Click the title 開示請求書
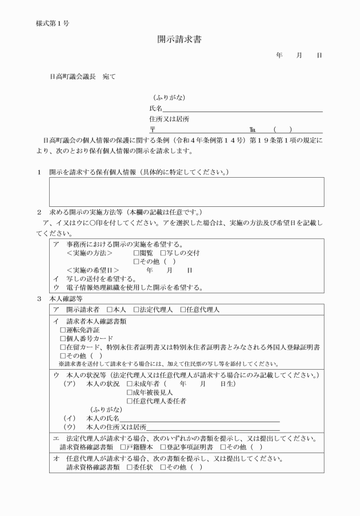pyautogui.click(x=179, y=39)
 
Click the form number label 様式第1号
pyautogui.click(x=53, y=23)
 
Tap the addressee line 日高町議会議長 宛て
pyautogui.click(x=82, y=76)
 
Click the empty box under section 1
pyautogui.click(x=186, y=191)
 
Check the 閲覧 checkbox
pyautogui.click(x=137, y=253)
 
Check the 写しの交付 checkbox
pyautogui.click(x=163, y=253)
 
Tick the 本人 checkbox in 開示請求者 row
pyautogui.click(x=110, y=309)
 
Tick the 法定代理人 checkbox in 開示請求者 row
pyautogui.click(x=137, y=309)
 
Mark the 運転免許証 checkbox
pyautogui.click(x=63, y=330)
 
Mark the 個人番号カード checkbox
pyautogui.click(x=63, y=338)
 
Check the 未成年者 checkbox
pyautogui.click(x=130, y=383)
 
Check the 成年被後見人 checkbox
pyautogui.click(x=130, y=393)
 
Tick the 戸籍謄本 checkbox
pyautogui.click(x=123, y=446)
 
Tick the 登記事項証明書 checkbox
pyautogui.click(x=163, y=446)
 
